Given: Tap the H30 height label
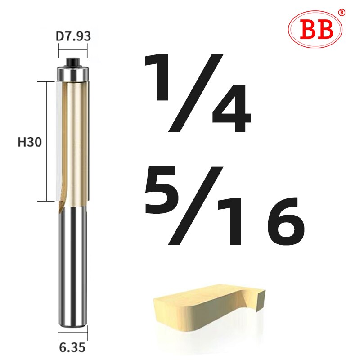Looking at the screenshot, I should pos(30,143).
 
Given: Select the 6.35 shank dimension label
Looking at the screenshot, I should pos(72,347).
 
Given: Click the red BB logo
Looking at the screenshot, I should pos(315,29).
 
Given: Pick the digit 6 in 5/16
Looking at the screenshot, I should pos(283,220).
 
